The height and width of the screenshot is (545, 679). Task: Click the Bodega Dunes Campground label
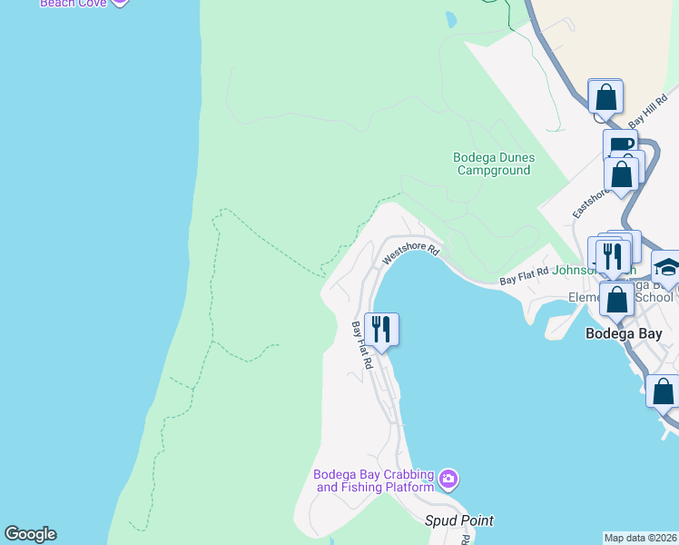pos(494,163)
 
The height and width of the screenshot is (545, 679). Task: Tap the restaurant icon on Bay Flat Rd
pos(381,329)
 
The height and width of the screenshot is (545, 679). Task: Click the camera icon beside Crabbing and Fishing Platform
pos(448,479)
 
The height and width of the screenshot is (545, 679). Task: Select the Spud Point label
pos(459,520)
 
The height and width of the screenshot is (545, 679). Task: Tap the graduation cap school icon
pos(667,266)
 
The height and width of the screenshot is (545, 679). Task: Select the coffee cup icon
pos(620,145)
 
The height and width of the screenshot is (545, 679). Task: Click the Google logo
pos(30,534)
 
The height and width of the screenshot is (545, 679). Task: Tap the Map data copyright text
pos(641,538)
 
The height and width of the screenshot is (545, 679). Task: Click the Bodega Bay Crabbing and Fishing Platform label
pos(375,481)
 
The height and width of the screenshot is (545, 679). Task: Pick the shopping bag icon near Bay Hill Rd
pos(605,96)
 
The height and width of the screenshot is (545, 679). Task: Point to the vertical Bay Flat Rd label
pos(362,344)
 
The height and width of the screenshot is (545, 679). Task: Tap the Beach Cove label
pos(73,3)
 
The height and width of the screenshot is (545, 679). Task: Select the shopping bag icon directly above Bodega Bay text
pos(617,298)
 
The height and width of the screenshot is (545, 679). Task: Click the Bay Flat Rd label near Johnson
pos(525,277)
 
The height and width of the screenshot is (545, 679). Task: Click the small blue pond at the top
pos(450,18)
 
